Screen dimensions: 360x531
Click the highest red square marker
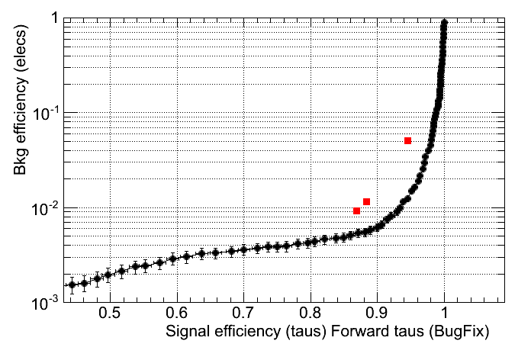[x=408, y=140]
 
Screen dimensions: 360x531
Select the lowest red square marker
[x=356, y=211]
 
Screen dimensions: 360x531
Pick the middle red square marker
[x=367, y=201]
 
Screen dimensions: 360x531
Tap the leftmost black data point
[x=72, y=285]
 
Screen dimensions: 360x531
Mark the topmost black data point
[x=445, y=23]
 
